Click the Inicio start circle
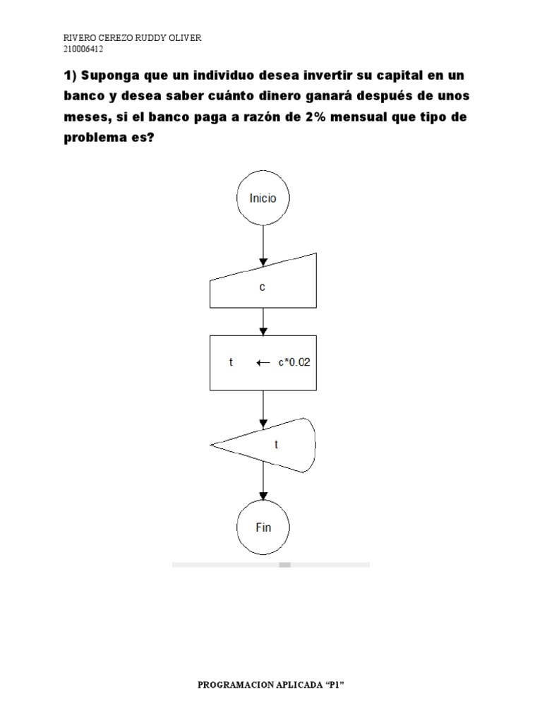[263, 198]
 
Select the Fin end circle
[263, 527]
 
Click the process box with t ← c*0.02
[263, 362]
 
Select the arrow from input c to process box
[263, 321]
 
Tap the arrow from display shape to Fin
[263, 486]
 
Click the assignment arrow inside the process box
[263, 363]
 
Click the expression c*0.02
[293, 363]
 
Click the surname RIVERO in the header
[74, 38]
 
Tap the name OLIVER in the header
[182, 38]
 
